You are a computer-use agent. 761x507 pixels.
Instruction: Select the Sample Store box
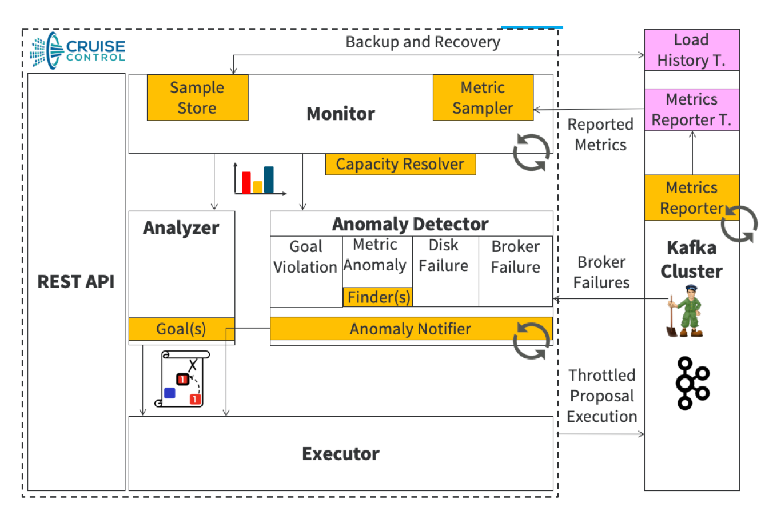pyautogui.click(x=197, y=98)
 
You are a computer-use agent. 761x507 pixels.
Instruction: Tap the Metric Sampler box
pyautogui.click(x=483, y=98)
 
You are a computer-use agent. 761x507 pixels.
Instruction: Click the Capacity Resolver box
pyautogui.click(x=400, y=165)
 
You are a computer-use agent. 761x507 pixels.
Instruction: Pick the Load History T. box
pyautogui.click(x=691, y=50)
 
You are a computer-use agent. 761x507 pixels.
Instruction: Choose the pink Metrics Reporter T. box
pyautogui.click(x=691, y=110)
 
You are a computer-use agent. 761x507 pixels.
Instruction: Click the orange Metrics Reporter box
pyautogui.click(x=691, y=198)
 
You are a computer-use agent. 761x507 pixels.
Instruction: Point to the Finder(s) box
pyautogui.click(x=377, y=297)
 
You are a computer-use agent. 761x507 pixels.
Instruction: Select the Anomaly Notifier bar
pyautogui.click(x=411, y=329)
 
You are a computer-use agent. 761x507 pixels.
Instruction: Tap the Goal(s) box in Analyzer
pyautogui.click(x=181, y=329)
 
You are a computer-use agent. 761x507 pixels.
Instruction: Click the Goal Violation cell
pyautogui.click(x=306, y=257)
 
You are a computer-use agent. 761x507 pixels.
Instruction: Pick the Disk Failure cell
pyautogui.click(x=444, y=256)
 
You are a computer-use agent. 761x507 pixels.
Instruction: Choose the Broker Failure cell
pyautogui.click(x=515, y=257)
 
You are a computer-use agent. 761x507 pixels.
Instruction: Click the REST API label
pyautogui.click(x=76, y=281)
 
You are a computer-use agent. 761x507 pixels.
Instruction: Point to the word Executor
pyautogui.click(x=341, y=454)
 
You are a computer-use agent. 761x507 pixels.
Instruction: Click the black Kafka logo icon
pyautogui.click(x=692, y=383)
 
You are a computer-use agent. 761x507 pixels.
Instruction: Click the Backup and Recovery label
pyautogui.click(x=423, y=42)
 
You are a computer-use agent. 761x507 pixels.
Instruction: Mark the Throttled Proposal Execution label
pyautogui.click(x=601, y=396)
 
